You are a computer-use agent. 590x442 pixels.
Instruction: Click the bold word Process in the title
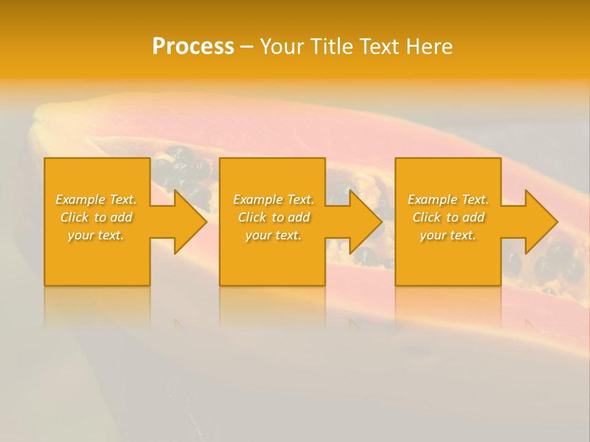pos(193,47)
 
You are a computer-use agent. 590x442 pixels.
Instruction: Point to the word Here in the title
pos(430,47)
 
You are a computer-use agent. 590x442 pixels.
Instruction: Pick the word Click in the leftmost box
pos(75,217)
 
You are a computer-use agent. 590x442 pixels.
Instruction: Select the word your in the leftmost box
pos(80,235)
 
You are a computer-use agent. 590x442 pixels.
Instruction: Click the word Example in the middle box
pos(258,200)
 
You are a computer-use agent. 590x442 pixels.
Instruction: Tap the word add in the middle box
pos(298,217)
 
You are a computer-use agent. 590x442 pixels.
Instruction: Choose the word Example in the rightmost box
pos(432,200)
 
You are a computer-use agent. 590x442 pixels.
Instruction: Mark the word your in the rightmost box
pos(432,235)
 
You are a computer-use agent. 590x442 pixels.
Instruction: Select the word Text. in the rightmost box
pos(475,200)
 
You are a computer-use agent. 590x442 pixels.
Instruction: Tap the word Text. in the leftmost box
pos(123,200)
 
